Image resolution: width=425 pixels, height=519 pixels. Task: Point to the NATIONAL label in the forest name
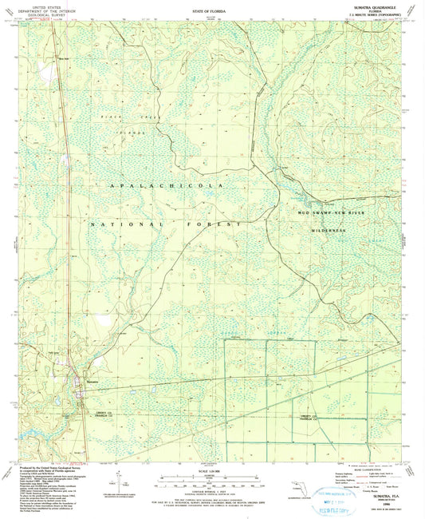coord(116,226)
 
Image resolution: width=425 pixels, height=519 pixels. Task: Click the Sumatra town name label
coord(90,383)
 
